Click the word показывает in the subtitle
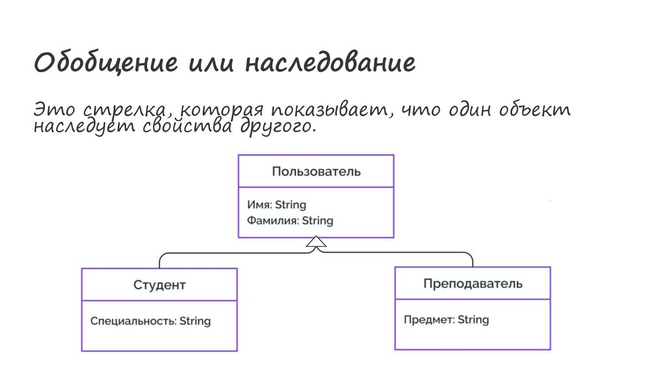pos(328,110)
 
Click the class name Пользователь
pos(316,171)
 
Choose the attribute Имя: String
pos(276,205)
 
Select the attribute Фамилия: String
pos(290,220)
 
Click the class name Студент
pos(160,285)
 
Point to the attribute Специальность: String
pos(150,321)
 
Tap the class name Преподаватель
pos(472,283)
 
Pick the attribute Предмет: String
pos(446,319)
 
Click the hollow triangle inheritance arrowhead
pos(316,242)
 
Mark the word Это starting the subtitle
pos(54,110)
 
